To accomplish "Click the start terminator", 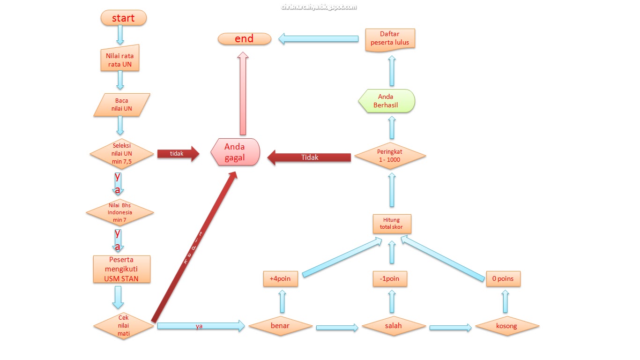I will (x=123, y=18).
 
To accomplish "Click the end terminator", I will (x=245, y=39).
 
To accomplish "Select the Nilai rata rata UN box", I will (x=120, y=60).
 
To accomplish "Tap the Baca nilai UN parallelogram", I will (x=122, y=105).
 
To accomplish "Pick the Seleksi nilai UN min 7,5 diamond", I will (x=122, y=153).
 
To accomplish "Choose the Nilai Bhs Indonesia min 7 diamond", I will (x=120, y=212).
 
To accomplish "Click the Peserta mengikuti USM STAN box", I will (x=122, y=269).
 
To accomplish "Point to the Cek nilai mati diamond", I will (x=123, y=326).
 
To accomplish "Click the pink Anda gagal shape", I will (x=236, y=152).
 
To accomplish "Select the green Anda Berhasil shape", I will (x=387, y=101).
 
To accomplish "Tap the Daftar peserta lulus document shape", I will (x=390, y=39).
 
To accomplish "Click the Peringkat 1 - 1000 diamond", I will (x=390, y=156).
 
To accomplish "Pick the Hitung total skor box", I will (x=392, y=224).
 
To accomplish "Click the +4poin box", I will (x=280, y=278).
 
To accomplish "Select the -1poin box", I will (x=390, y=278).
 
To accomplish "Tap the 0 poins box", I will (x=503, y=278).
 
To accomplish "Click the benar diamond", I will (x=280, y=326).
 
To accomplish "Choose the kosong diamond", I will (x=507, y=326).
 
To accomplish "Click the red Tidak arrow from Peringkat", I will (x=309, y=157).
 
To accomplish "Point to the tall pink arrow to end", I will (x=243, y=94).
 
